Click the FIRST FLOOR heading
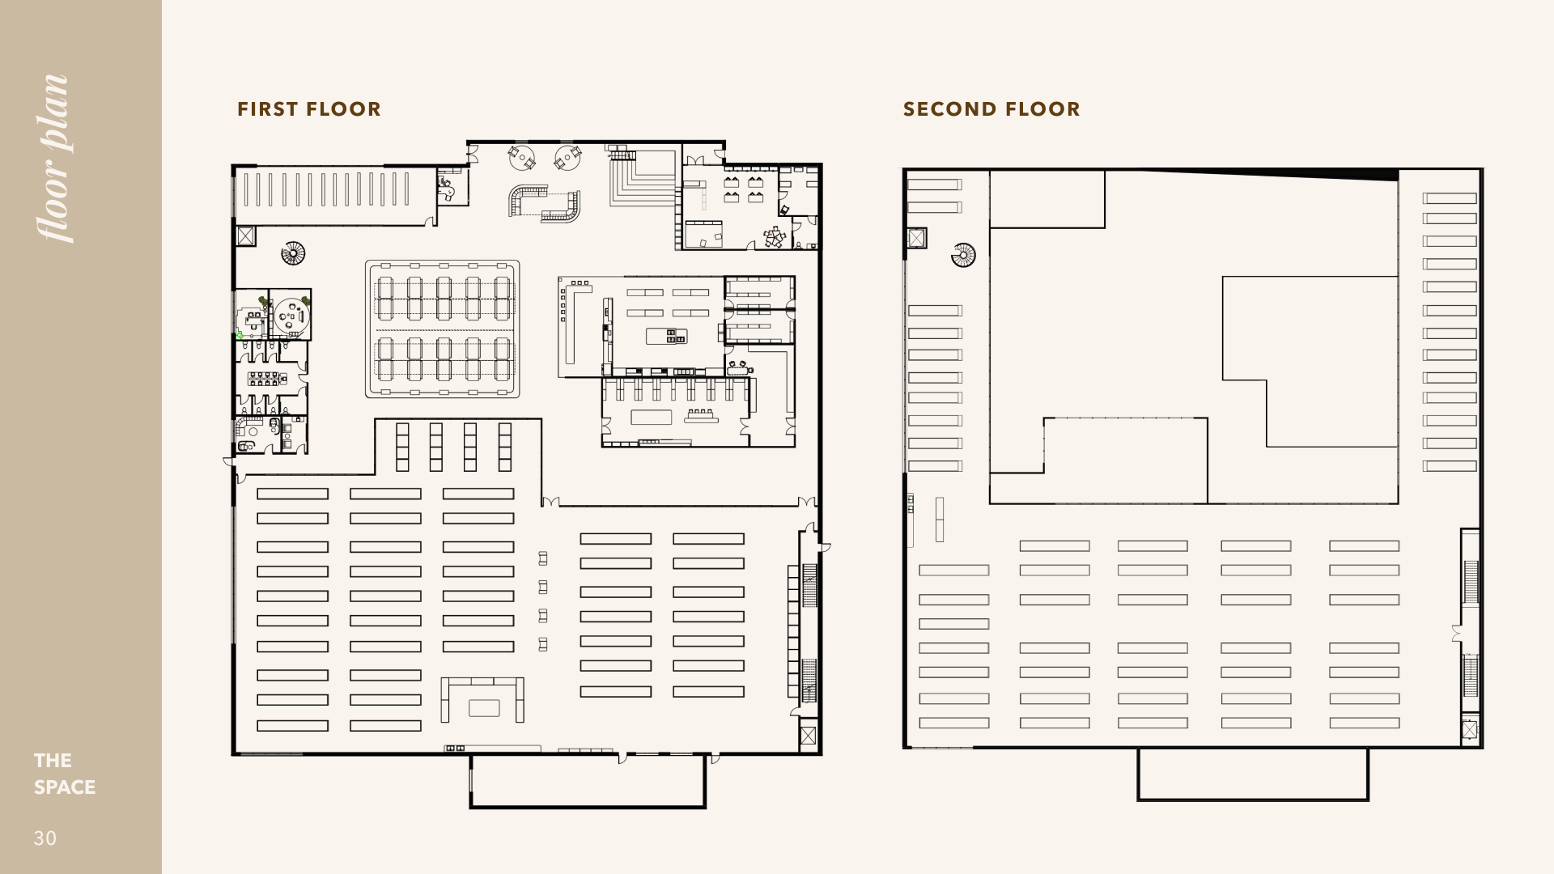point(308,109)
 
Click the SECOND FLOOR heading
point(991,109)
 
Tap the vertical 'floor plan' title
point(55,159)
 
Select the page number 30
point(45,838)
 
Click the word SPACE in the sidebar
point(65,787)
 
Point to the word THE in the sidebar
point(53,761)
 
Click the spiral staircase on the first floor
point(293,254)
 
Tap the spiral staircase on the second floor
point(963,256)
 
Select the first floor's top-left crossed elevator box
point(245,236)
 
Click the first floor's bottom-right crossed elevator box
point(808,736)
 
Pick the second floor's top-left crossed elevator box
point(916,238)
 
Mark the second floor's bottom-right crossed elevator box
point(1470,731)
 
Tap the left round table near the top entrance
point(523,157)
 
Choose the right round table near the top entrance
point(568,157)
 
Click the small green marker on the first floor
point(240,335)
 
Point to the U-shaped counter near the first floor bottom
point(482,699)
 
